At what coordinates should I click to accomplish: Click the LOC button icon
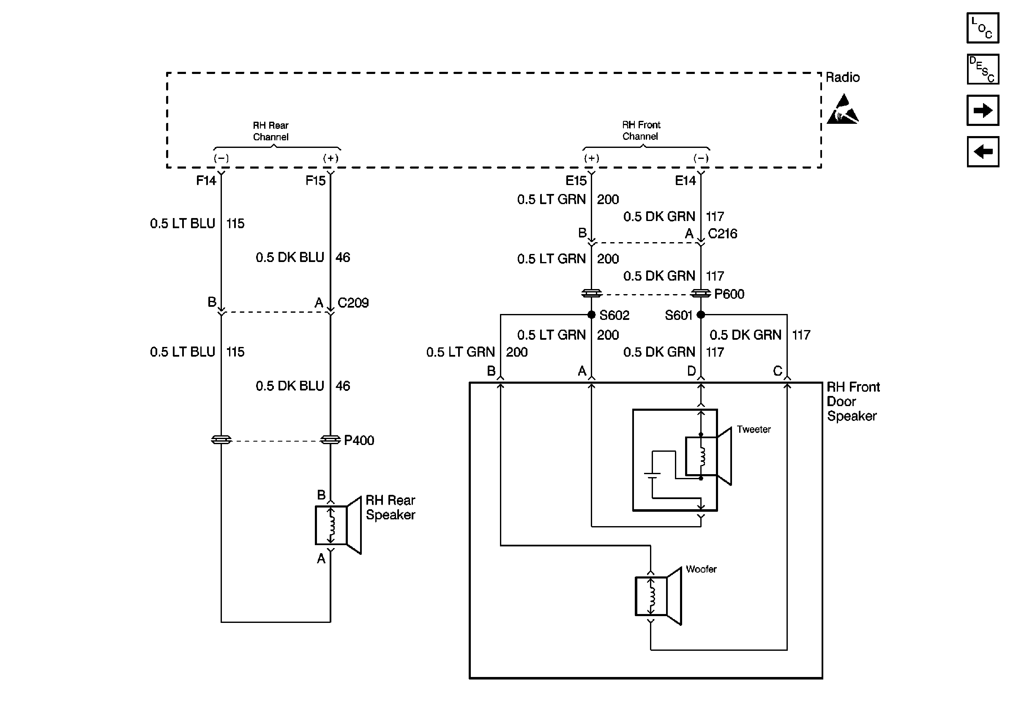982,28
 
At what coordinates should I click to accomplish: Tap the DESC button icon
982,69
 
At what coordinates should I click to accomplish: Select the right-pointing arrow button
982,110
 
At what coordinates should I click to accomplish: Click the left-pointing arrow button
982,152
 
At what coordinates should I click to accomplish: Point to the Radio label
842,77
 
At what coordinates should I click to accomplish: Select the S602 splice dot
591,315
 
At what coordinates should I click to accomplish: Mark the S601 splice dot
700,315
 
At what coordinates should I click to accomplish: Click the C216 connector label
722,233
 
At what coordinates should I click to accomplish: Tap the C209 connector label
352,303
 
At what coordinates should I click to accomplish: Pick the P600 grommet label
729,294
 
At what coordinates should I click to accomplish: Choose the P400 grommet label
358,440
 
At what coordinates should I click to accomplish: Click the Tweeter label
754,429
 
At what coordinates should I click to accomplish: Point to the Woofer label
701,569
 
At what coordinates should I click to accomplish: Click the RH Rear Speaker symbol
338,525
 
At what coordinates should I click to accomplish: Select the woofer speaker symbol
658,596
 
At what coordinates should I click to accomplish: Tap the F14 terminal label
206,180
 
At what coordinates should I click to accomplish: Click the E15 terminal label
576,180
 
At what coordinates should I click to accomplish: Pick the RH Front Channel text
641,131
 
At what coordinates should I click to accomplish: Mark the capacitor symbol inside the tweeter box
652,475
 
